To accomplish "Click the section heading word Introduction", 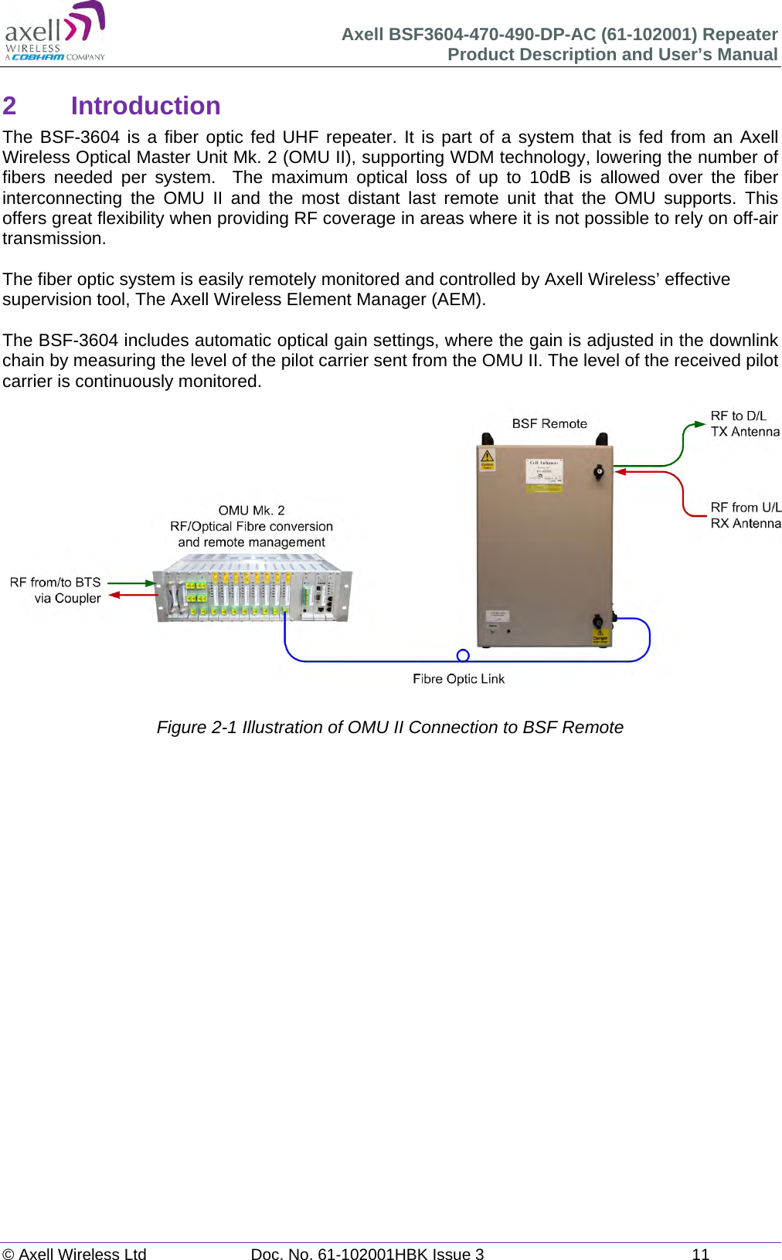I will tap(145, 106).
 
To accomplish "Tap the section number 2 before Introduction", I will tap(9, 106).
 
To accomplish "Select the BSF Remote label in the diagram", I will tap(549, 423).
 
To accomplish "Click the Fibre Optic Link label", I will tap(458, 678).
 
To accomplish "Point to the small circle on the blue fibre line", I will tap(463, 655).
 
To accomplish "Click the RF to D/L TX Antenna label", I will tap(744, 423).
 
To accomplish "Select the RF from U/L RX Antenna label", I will tap(745, 515).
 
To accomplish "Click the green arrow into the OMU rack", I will tap(150, 583).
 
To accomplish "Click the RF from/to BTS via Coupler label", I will tap(56, 589).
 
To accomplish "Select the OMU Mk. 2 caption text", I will tap(251, 526).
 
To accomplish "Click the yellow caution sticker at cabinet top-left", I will tap(488, 458).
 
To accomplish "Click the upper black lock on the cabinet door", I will tap(598, 471).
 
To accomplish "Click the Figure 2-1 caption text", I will tap(389, 727).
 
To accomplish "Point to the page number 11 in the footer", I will tap(700, 1254).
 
